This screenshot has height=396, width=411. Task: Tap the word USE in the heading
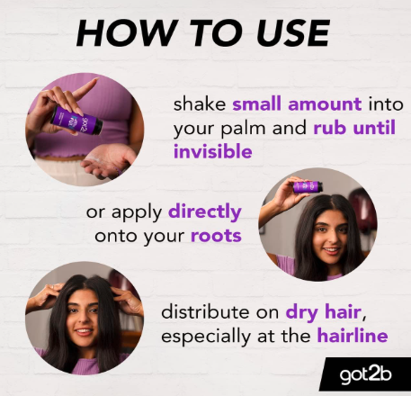[x=293, y=32]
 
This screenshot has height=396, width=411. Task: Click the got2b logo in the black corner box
[x=366, y=375]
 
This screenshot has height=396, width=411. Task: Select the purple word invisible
[x=213, y=151]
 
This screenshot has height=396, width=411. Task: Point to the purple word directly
[x=205, y=211]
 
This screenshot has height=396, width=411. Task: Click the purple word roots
[x=216, y=236]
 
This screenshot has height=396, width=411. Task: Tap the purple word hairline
[x=353, y=336]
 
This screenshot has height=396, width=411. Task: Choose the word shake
[x=200, y=104]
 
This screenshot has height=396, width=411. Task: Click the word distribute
[x=205, y=312]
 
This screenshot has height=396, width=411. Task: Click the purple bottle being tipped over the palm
[x=76, y=121]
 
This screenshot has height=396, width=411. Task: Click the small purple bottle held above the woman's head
[x=308, y=186]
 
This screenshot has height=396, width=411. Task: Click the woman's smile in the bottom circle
[x=84, y=331]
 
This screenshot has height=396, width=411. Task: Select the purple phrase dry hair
[x=324, y=312]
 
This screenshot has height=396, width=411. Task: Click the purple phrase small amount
[x=297, y=104]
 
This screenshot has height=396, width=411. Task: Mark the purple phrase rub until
[x=354, y=128]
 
